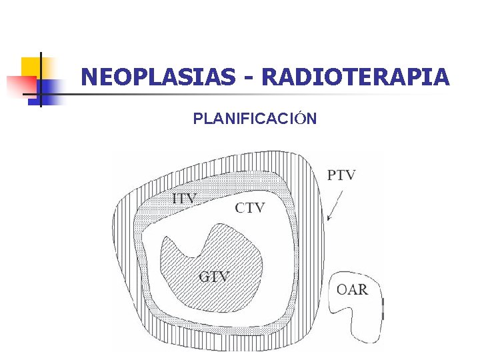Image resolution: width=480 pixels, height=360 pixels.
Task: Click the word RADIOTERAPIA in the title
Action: [x=355, y=78]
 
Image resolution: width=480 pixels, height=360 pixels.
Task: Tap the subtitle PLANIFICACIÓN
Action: [x=255, y=119]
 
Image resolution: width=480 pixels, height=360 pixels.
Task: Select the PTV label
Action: [x=341, y=175]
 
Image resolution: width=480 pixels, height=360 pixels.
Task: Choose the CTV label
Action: [x=249, y=207]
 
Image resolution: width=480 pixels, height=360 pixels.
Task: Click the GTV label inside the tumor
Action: [x=214, y=276]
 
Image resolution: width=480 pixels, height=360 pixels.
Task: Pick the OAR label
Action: [x=352, y=289]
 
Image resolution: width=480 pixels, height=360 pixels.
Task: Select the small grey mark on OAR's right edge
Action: [x=383, y=309]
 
